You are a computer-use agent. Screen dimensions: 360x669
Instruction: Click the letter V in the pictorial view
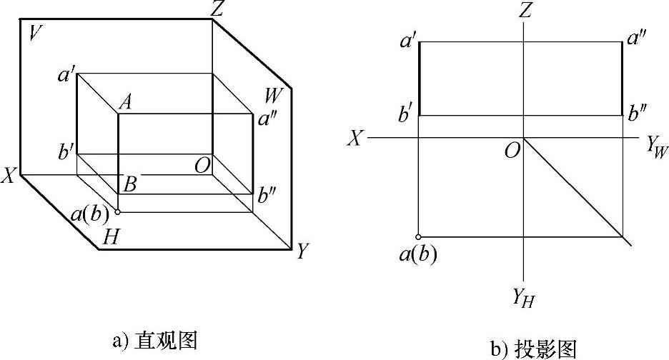click(33, 33)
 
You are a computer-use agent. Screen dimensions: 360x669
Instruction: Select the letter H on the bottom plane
click(111, 237)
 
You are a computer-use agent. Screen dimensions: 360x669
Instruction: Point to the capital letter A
click(125, 102)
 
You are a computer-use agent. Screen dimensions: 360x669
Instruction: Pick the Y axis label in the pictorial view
click(303, 251)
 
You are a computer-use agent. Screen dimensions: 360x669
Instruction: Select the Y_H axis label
click(523, 299)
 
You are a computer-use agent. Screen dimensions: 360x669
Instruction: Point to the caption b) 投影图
click(534, 348)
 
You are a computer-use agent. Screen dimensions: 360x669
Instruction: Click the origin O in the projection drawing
click(512, 149)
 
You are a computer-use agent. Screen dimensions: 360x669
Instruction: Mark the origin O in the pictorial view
click(202, 166)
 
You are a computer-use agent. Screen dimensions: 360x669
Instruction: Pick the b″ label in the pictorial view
click(269, 194)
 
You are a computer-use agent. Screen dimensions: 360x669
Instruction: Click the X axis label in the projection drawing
click(355, 138)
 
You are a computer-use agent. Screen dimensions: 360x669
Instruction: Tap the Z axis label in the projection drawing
click(526, 10)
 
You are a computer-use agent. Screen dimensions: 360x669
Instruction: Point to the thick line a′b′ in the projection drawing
click(419, 79)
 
